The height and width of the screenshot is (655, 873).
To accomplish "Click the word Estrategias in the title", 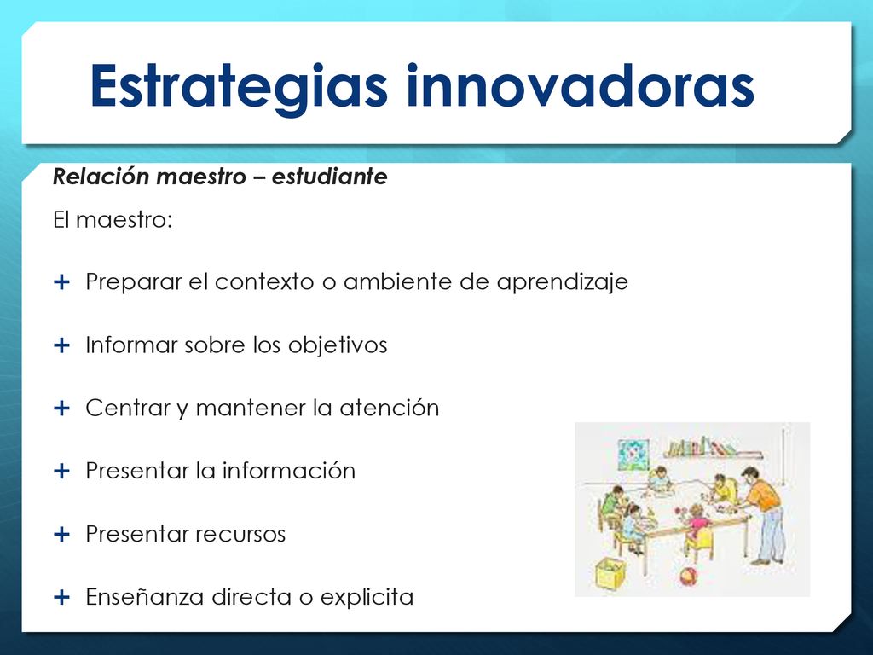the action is pyautogui.click(x=239, y=86).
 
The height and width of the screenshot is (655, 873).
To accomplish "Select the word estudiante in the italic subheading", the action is pyautogui.click(x=330, y=177).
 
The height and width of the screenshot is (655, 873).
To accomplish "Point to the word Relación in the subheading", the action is pyautogui.click(x=101, y=177).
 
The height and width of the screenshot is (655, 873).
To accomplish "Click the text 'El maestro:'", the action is pyautogui.click(x=113, y=219).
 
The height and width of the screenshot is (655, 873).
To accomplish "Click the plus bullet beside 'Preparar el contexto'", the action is pyautogui.click(x=61, y=281).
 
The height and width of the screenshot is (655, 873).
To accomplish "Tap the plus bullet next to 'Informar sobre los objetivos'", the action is pyautogui.click(x=61, y=345).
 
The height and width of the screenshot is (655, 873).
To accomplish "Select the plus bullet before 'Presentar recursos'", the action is pyautogui.click(x=61, y=534).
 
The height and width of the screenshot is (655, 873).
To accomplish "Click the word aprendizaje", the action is pyautogui.click(x=563, y=282).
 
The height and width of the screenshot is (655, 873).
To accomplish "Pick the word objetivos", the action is pyautogui.click(x=338, y=345).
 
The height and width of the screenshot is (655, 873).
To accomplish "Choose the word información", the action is pyautogui.click(x=288, y=471).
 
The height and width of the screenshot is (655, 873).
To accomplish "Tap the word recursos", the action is pyautogui.click(x=240, y=534).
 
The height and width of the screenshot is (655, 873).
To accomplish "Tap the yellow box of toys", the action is pyautogui.click(x=610, y=574).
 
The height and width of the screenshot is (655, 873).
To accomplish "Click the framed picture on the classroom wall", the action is pyautogui.click(x=633, y=455).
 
